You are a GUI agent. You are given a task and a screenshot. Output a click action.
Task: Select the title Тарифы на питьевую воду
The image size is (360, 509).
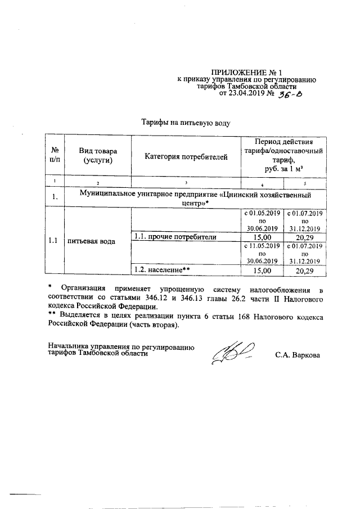coord(186,121)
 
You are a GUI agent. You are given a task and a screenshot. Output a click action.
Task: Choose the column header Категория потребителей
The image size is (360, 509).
coord(185,156)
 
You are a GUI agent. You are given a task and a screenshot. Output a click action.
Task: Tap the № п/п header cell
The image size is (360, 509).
coord(55,156)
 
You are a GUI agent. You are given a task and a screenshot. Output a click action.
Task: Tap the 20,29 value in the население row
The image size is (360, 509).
coord(304,271)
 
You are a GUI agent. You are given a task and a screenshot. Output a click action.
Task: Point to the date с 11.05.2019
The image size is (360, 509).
coord(262,246)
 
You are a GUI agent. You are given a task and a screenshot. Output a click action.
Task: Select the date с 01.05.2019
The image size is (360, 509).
coord(262,213)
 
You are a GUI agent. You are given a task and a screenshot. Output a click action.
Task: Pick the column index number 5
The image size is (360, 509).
coord(304,183)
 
